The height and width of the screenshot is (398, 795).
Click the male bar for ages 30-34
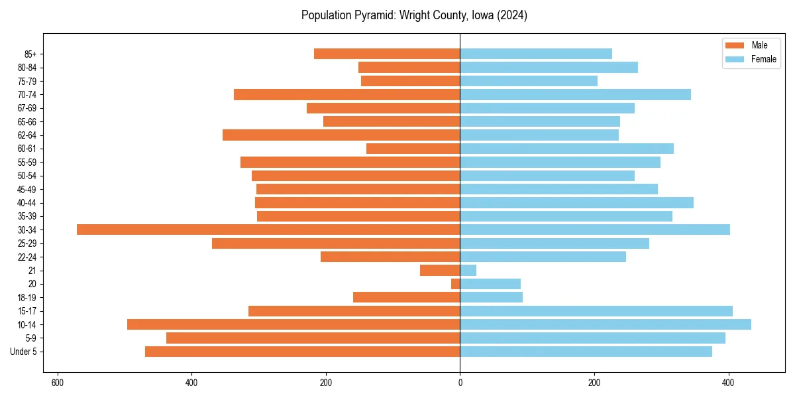click(268, 230)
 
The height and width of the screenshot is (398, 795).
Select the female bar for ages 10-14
click(606, 324)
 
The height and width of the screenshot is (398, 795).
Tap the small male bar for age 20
click(456, 284)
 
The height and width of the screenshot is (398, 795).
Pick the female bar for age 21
click(468, 270)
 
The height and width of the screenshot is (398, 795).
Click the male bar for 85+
click(387, 54)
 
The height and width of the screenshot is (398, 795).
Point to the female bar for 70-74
click(575, 94)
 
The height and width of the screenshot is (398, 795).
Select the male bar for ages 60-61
click(413, 149)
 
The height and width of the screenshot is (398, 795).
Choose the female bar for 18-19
click(491, 297)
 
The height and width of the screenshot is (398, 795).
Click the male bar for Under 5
click(302, 352)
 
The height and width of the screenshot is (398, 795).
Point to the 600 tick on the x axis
click(58, 383)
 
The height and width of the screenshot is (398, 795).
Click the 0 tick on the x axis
click(460, 383)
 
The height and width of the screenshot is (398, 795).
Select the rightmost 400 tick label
click(728, 383)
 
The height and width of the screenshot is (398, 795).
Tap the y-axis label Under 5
click(24, 352)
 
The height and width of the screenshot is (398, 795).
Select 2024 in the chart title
click(513, 15)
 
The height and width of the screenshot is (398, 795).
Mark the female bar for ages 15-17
click(596, 311)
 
